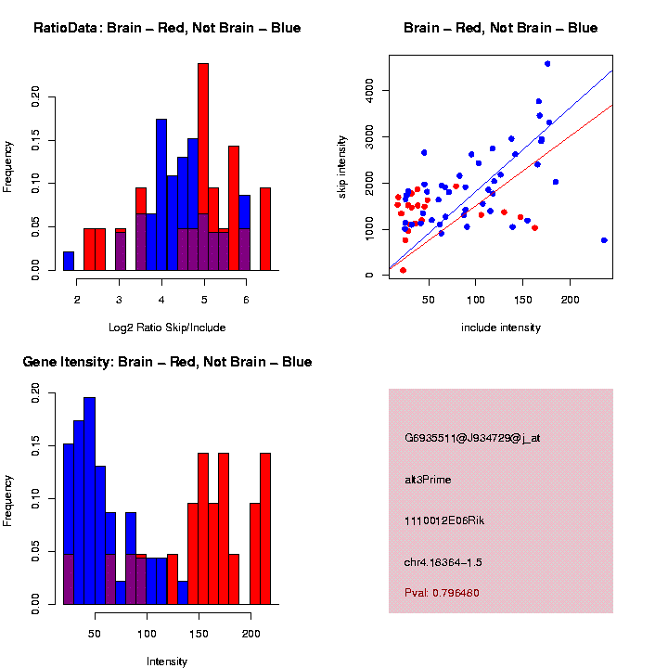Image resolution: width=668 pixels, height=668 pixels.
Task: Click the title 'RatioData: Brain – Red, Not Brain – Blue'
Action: pos(167,28)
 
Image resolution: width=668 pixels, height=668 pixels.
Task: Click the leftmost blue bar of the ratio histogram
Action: pos(69,261)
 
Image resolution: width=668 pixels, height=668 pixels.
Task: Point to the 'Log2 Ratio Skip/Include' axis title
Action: pos(167,327)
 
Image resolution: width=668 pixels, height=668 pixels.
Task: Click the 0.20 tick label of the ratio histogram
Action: pos(36,97)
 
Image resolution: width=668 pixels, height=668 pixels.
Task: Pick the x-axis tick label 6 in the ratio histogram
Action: pos(246,300)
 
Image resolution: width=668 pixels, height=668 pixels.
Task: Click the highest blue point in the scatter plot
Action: pos(547,64)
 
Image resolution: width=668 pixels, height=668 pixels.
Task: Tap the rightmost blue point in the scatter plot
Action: pos(604,240)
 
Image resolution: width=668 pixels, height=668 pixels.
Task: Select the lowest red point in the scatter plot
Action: pos(403,270)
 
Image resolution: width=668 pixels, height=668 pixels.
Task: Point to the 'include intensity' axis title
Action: pos(501,328)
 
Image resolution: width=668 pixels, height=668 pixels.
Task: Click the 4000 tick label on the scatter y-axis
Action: pos(370,90)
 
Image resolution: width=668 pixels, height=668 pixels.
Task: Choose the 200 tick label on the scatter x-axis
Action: pos(569,300)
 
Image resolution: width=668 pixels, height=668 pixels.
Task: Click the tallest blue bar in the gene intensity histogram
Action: pos(89,501)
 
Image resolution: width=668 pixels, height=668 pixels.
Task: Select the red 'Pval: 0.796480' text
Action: pos(442,592)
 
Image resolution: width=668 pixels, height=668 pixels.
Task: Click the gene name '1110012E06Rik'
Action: pos(444,520)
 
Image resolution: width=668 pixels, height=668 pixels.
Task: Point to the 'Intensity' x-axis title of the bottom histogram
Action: pos(167,662)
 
